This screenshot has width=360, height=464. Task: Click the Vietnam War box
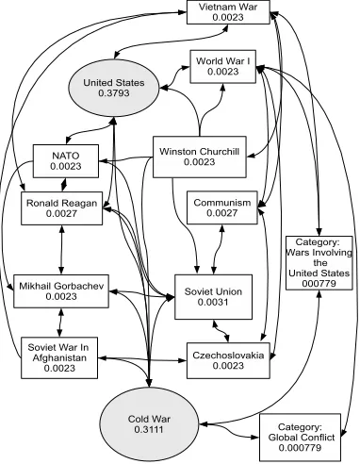[x=228, y=12]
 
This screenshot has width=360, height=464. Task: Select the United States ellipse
[x=114, y=88]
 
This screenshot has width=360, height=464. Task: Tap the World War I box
[x=223, y=66]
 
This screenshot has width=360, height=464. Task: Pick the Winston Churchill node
[x=200, y=157]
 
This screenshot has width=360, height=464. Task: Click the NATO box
[x=66, y=161]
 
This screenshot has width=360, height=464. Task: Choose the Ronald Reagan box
[x=61, y=208]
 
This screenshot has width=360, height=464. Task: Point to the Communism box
[x=222, y=207]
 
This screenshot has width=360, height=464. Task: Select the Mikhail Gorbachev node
[x=61, y=291]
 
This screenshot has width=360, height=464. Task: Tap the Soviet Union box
[x=213, y=297]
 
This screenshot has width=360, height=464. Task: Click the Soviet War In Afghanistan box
[x=59, y=357]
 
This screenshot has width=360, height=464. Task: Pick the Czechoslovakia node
[x=228, y=360]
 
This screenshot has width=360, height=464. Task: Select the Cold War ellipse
[x=149, y=423]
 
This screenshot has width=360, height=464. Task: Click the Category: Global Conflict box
[x=300, y=438]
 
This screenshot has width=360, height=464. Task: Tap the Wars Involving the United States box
[x=319, y=263]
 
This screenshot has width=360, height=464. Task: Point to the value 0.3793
[x=114, y=93]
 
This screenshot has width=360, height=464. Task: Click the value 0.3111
[x=149, y=429]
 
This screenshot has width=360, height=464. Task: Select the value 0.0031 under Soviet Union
[x=213, y=302]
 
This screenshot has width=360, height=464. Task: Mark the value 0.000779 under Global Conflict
[x=300, y=448]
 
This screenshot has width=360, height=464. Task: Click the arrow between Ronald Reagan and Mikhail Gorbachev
[x=61, y=250]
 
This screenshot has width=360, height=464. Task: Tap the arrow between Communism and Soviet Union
[x=218, y=249]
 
